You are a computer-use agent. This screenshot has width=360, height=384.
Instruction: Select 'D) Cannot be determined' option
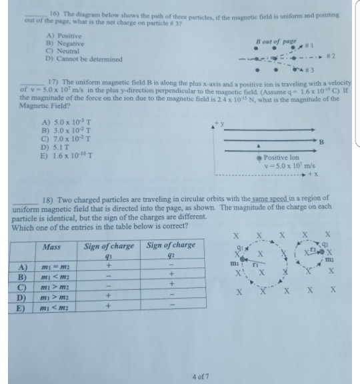click(x=84, y=59)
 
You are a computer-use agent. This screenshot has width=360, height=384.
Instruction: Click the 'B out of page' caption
click(x=275, y=41)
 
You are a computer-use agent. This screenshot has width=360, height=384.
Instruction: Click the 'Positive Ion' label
click(x=281, y=158)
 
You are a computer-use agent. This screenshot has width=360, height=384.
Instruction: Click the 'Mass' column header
click(x=51, y=247)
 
